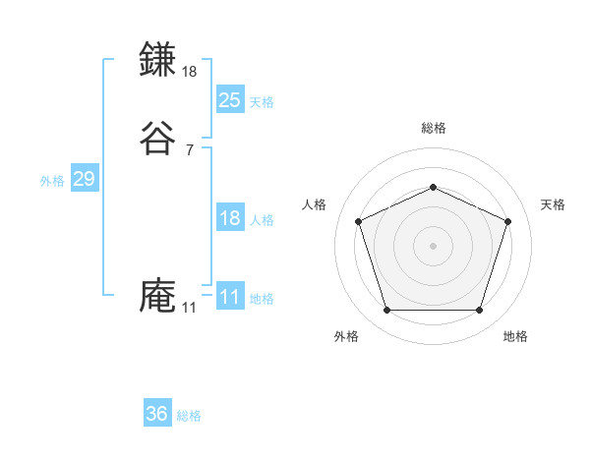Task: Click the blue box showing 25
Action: coord(229,99)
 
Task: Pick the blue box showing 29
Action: coord(84,179)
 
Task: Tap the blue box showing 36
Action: coord(157,414)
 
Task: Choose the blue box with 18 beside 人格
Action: coord(229,218)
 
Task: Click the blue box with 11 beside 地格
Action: coord(229,297)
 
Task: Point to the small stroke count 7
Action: coord(190,150)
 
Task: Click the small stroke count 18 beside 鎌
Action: coord(190,72)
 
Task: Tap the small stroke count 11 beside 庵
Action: coord(189,308)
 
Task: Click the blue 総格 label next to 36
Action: coord(190,416)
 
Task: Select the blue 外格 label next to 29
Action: coord(51,181)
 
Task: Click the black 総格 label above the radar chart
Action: coord(433,128)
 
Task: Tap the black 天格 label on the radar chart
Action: coord(553,204)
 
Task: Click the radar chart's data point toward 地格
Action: coord(479,311)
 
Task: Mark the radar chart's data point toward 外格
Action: coord(386,311)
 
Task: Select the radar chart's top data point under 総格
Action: coord(433,187)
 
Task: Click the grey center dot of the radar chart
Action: coord(433,246)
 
